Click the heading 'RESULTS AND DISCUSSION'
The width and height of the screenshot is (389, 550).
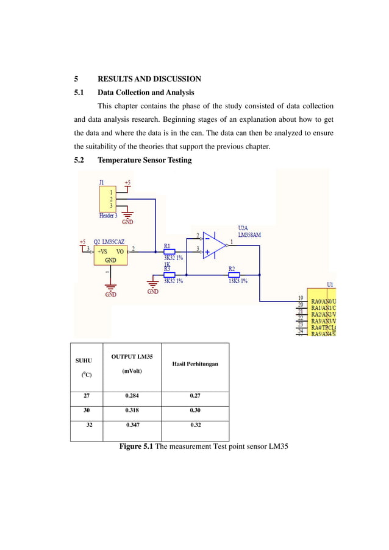coord(149,79)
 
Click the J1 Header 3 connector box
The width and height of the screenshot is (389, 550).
coord(110,199)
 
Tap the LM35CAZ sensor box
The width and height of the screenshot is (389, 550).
coord(110,255)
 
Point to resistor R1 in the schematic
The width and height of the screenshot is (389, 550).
coord(170,251)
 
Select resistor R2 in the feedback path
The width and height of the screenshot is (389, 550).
coord(233,275)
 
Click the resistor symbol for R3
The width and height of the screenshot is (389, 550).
coord(170,275)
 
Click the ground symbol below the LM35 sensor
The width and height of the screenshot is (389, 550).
coord(110,287)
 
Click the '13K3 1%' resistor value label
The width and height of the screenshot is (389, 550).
coord(237,281)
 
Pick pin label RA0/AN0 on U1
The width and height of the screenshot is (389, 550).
coord(323,301)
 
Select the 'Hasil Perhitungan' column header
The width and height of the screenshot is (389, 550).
coord(195,364)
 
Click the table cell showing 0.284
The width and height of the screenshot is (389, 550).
coord(131,395)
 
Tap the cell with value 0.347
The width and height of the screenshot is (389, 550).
coord(132,426)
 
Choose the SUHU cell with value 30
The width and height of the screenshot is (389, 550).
coord(87,411)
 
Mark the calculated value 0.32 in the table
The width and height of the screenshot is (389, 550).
coord(195,426)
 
